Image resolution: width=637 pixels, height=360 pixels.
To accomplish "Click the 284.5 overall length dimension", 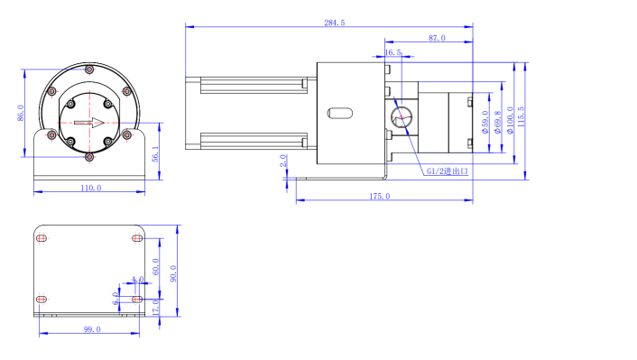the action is point(335,23).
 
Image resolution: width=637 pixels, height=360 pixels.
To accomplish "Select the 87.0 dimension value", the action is point(437,38).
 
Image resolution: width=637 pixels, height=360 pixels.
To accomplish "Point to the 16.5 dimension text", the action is point(392,52).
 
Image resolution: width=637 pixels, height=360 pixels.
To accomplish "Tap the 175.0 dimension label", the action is point(380,197).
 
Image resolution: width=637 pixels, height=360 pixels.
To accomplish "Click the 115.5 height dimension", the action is point(522,117).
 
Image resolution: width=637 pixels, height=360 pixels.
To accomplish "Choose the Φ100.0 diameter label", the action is point(511,120).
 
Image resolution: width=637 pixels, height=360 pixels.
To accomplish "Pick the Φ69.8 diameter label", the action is point(498,123).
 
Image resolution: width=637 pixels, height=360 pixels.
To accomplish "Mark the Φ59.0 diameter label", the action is point(485,123).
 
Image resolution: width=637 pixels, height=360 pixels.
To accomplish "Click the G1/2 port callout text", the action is point(448,171).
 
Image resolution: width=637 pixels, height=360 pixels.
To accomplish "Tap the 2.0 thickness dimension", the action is point(283,161).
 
